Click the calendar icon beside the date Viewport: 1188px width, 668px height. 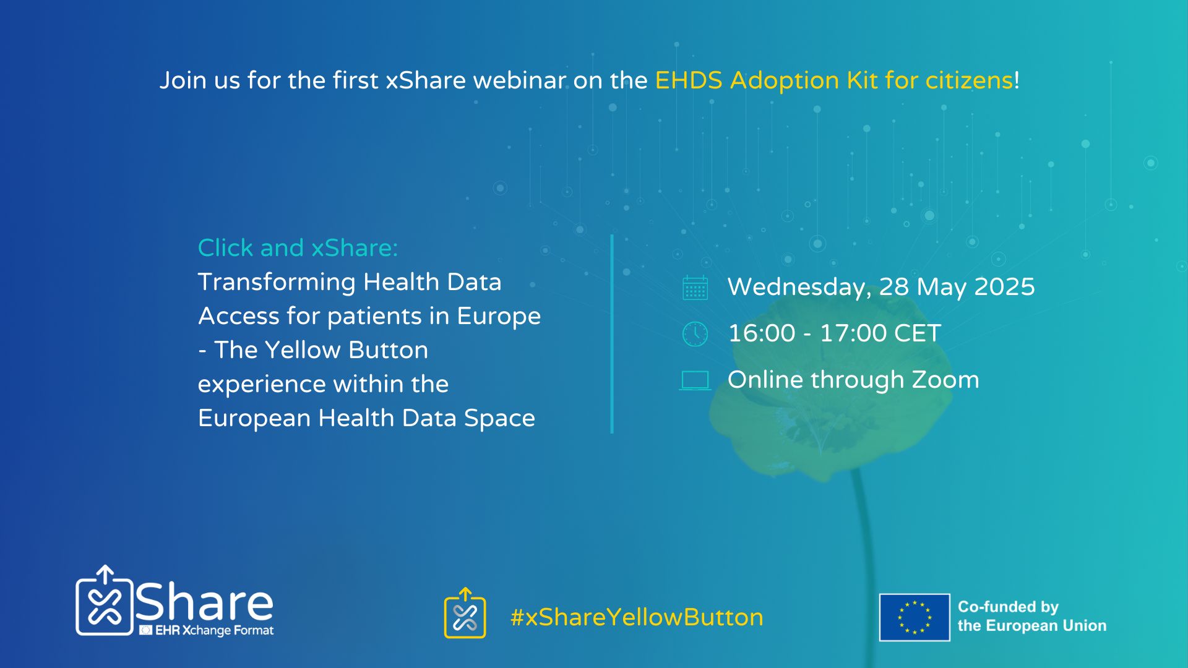click(695, 288)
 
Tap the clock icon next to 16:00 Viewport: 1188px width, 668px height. click(695, 334)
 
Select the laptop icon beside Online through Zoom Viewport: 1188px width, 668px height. click(695, 380)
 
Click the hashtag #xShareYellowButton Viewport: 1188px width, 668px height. click(637, 617)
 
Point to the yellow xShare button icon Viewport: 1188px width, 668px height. click(465, 614)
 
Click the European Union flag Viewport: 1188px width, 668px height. click(915, 617)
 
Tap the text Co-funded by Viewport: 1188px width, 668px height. click(1008, 607)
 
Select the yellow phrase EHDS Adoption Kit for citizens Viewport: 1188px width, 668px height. click(834, 80)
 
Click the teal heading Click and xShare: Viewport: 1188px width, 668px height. click(298, 248)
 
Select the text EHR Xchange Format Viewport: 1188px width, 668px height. click(214, 630)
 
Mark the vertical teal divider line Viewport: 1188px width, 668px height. click(612, 334)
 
